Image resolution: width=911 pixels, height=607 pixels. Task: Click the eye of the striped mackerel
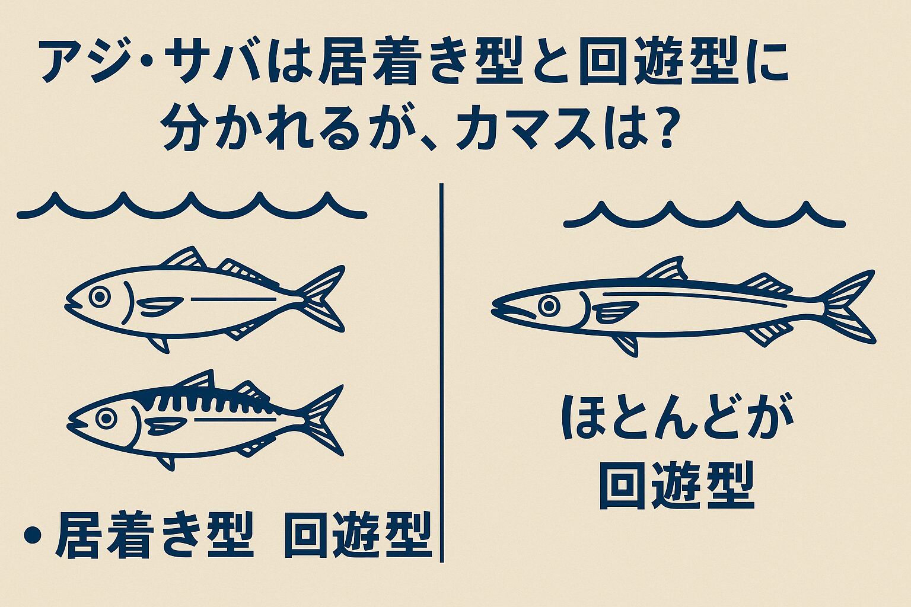point(106,418)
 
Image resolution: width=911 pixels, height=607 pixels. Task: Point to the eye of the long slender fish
point(549,306)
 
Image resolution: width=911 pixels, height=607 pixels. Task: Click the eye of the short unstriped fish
point(100,296)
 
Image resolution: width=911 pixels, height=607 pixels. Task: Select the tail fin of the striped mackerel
point(321,418)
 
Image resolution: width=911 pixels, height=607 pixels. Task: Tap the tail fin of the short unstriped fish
point(321,298)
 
